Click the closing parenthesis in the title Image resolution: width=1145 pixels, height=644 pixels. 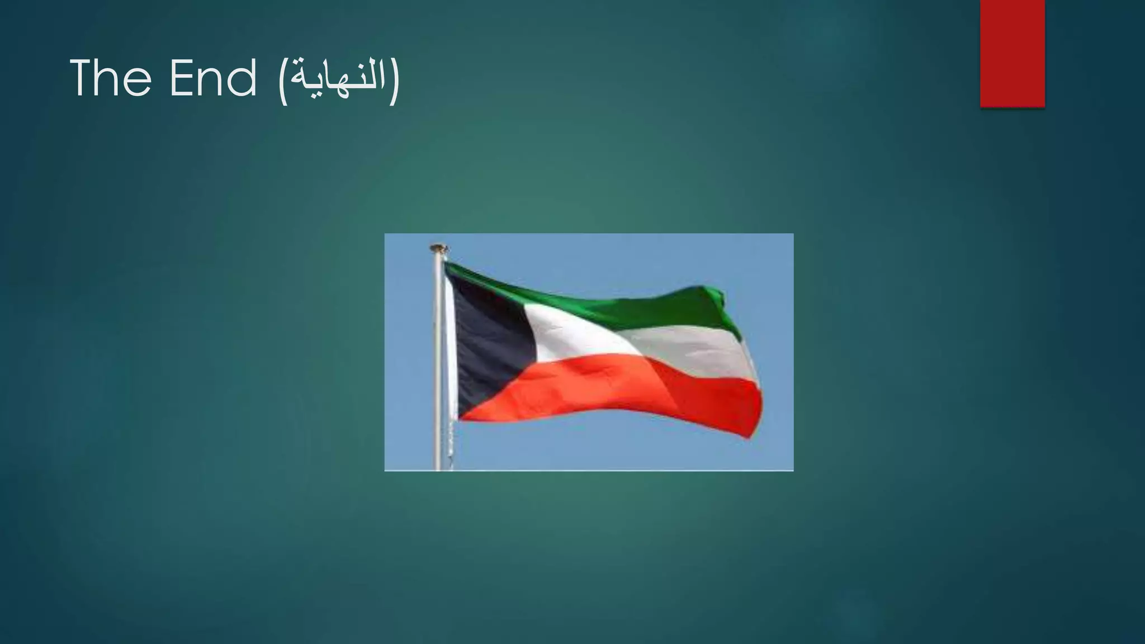(395, 82)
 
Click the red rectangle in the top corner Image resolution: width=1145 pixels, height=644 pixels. (1012, 53)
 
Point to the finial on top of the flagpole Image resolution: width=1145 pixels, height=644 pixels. (438, 247)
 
